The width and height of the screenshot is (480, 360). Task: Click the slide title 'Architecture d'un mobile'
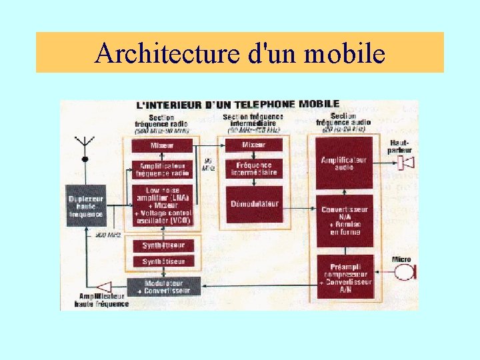pyautogui.click(x=239, y=53)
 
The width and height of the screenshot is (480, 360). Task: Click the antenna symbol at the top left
pyautogui.click(x=85, y=147)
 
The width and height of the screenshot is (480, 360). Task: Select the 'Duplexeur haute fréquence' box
pyautogui.click(x=86, y=205)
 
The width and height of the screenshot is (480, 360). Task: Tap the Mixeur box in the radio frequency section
pyautogui.click(x=162, y=145)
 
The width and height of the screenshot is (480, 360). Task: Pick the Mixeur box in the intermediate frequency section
pyautogui.click(x=253, y=145)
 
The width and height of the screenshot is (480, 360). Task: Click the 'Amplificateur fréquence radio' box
pyautogui.click(x=162, y=169)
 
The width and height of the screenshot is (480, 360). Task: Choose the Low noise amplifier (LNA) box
pyautogui.click(x=162, y=205)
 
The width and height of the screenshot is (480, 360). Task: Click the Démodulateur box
pyautogui.click(x=254, y=204)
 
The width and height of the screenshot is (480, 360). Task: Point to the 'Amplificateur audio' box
pyautogui.click(x=343, y=163)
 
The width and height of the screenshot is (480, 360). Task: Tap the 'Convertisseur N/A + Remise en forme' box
pyautogui.click(x=343, y=219)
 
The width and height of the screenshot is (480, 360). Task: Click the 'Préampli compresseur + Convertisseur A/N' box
pyautogui.click(x=343, y=275)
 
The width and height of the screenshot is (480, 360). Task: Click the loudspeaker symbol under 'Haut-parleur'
pyautogui.click(x=406, y=162)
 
